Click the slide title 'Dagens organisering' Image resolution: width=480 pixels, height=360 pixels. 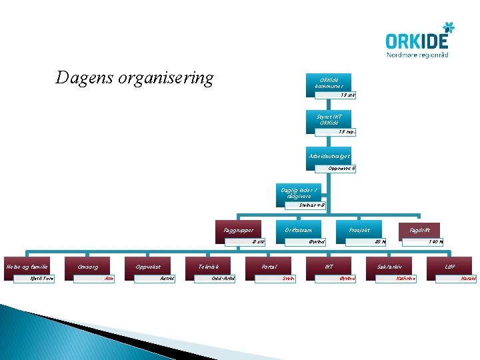pos(135,78)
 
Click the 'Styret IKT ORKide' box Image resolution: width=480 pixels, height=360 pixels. pos(329,119)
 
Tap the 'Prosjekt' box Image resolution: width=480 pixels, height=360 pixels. pos(360,230)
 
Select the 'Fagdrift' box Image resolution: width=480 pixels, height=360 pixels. pos(419,230)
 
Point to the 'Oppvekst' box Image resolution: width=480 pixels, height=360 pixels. pos(148,266)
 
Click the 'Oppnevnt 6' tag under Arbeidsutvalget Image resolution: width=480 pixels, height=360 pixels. pos(342,168)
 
